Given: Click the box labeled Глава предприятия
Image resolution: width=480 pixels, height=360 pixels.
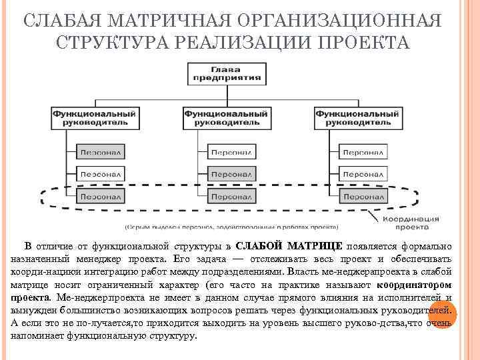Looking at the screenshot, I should tap(226, 73).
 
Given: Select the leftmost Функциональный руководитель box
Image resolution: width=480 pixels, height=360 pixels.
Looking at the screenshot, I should tap(95, 118).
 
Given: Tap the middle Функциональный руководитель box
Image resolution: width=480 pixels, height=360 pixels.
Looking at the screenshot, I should tap(226, 118).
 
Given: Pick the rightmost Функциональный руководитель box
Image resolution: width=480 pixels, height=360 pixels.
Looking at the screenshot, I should tap(357, 118).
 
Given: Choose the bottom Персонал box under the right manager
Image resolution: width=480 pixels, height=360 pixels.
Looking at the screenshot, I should tap(363, 197).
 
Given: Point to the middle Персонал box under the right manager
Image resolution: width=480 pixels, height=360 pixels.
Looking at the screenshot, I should tap(363, 175).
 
